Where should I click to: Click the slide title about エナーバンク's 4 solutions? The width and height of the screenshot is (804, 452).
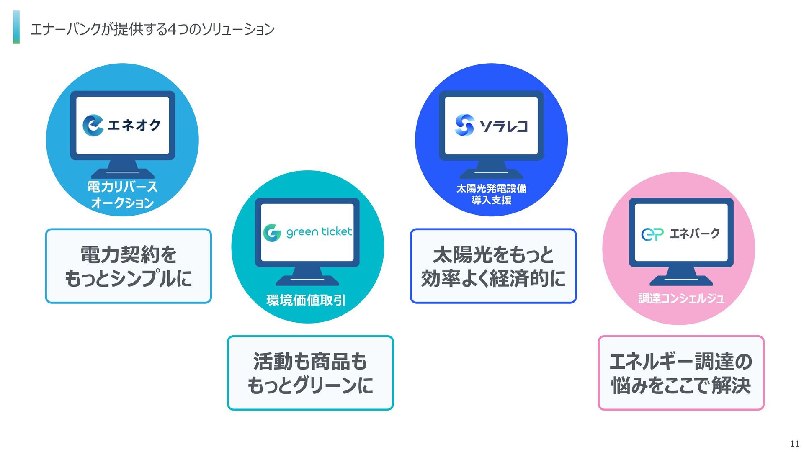152,29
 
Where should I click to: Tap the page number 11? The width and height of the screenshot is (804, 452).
794,444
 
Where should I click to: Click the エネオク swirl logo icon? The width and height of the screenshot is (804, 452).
93,125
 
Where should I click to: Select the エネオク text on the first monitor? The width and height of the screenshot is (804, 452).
134,125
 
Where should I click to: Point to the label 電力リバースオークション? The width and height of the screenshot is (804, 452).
122,195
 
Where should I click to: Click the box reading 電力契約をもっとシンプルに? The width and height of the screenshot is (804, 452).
128,266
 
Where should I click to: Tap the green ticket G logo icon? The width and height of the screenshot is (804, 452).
272,233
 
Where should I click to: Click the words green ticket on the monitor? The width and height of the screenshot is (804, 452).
319,232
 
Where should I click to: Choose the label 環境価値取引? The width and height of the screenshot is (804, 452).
306,300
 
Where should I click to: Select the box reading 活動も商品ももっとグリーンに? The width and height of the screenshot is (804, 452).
310,373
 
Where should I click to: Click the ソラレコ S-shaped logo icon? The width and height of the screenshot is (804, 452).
464,125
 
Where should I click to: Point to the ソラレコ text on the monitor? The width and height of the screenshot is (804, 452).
504,126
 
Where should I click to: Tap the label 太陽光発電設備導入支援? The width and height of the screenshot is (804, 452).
492,194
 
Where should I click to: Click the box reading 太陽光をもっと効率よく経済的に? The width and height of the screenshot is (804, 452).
493,266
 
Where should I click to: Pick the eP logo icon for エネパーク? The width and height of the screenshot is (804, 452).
652,234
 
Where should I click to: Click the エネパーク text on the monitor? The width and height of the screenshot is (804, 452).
695,234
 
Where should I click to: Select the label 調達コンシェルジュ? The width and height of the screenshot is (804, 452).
681,298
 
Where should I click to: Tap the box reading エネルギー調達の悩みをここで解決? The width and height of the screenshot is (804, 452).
681,373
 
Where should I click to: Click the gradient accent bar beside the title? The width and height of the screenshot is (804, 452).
16,27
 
